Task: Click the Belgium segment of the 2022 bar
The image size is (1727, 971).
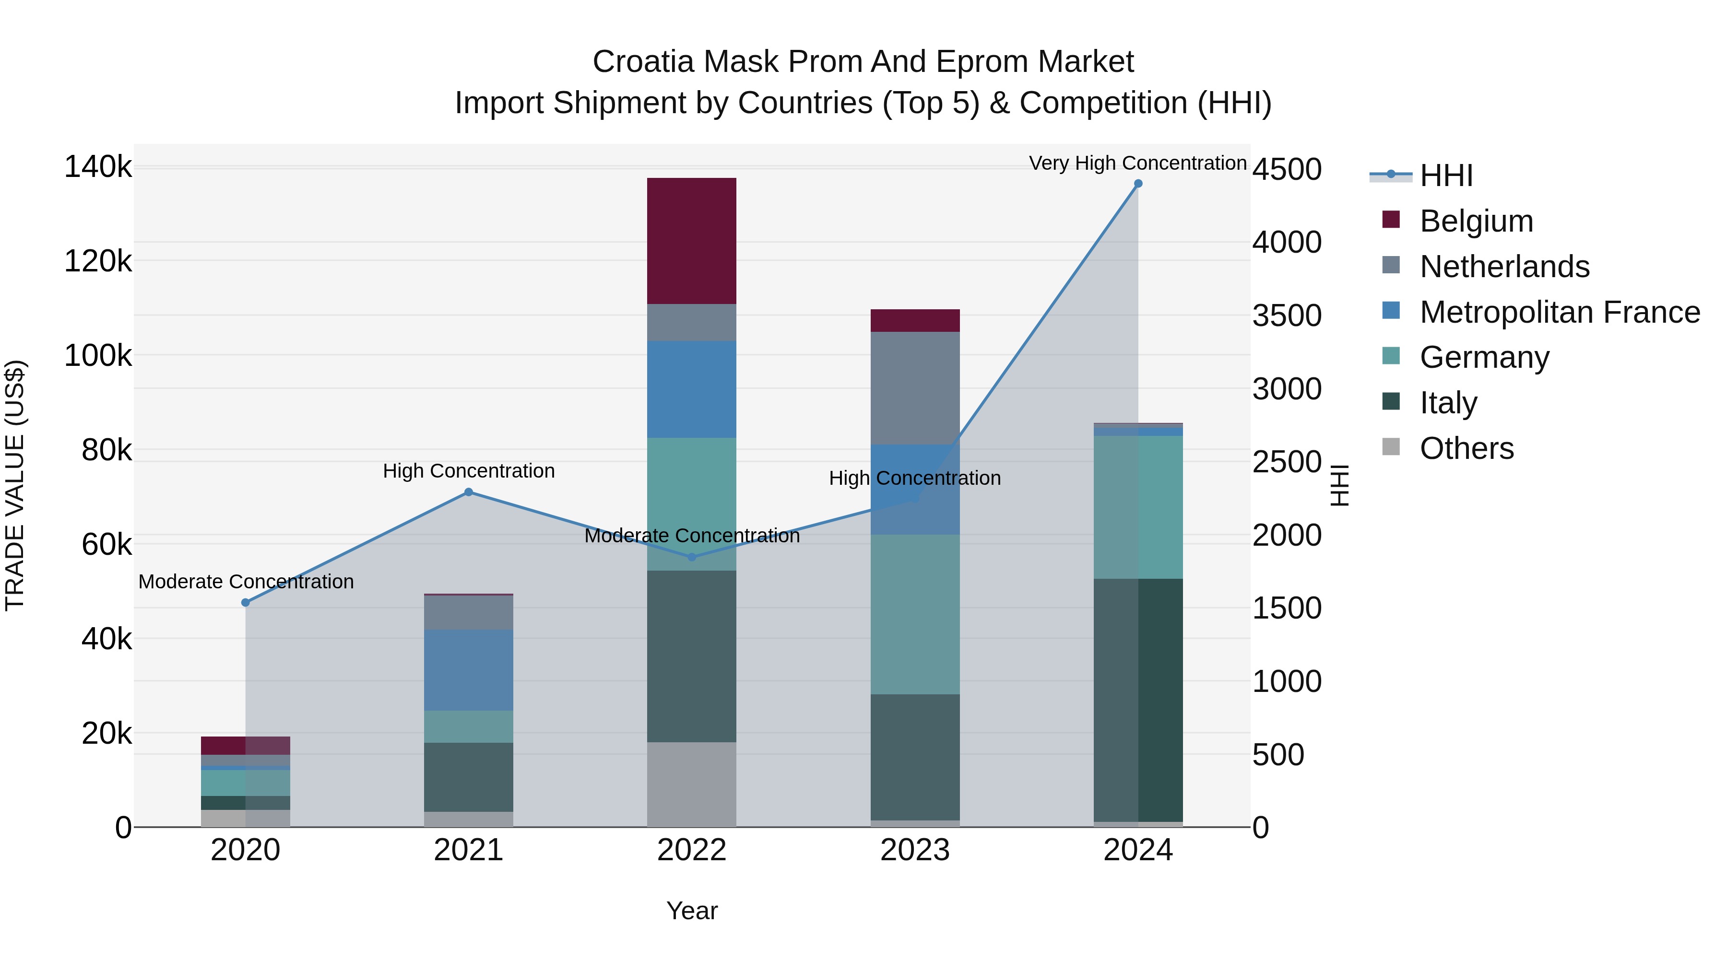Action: click(x=691, y=241)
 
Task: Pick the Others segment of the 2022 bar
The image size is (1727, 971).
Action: click(x=691, y=784)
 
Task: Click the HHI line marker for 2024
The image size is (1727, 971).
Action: click(x=1138, y=184)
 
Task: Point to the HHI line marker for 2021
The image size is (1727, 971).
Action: click(x=469, y=492)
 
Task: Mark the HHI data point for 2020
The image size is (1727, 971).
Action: click(x=245, y=602)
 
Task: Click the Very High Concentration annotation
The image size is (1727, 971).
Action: click(x=1138, y=164)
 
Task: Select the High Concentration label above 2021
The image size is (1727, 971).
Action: click(x=469, y=471)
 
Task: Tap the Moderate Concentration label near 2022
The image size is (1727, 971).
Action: click(x=692, y=536)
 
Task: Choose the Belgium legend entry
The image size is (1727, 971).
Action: click(x=1476, y=221)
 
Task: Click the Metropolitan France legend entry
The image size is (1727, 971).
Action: click(x=1560, y=312)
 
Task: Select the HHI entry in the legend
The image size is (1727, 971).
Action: click(x=1446, y=175)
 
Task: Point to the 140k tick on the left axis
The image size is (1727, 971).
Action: click(x=98, y=167)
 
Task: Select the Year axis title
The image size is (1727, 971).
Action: click(x=692, y=911)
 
